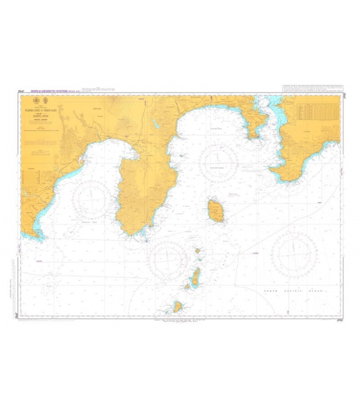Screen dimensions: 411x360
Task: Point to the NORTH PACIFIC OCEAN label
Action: point(296,291)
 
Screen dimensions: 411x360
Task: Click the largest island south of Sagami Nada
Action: point(216,211)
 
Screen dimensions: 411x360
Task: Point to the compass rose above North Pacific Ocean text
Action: point(294,254)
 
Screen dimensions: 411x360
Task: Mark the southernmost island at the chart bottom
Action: point(178,307)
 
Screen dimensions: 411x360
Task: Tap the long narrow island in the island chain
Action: point(195,278)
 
